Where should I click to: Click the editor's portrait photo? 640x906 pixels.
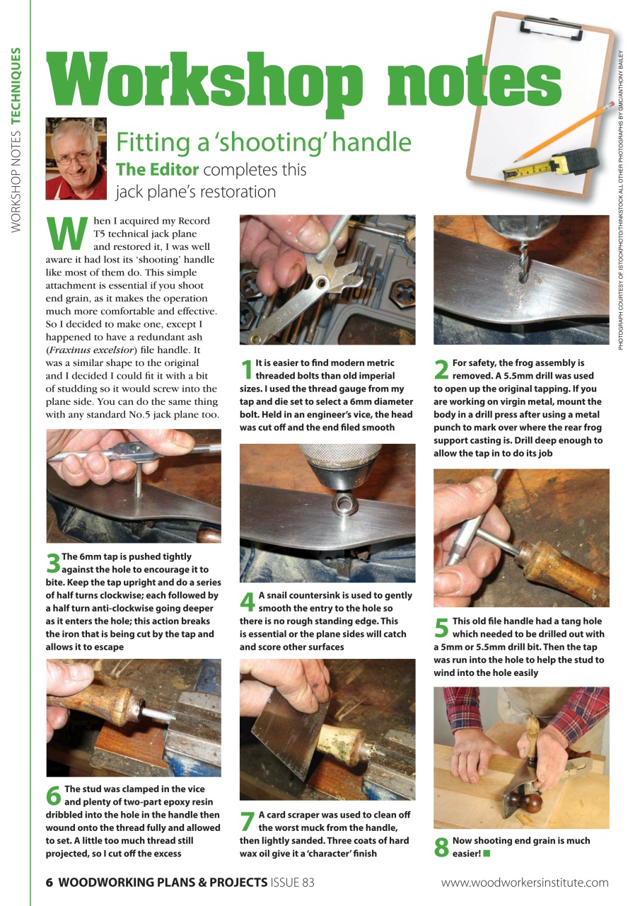click(76, 159)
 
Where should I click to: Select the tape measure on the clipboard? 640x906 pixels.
click(559, 165)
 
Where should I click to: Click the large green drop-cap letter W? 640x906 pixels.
click(65, 233)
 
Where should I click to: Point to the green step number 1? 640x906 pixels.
click(247, 369)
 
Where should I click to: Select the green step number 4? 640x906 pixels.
click(248, 602)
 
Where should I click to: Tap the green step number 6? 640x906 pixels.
click(54, 796)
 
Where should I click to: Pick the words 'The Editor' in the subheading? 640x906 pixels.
click(158, 170)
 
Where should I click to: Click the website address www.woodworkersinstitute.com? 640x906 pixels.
click(524, 883)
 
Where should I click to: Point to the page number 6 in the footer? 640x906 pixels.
click(50, 883)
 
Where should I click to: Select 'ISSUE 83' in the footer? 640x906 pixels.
click(292, 883)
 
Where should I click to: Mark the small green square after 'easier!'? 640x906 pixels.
click(487, 854)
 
